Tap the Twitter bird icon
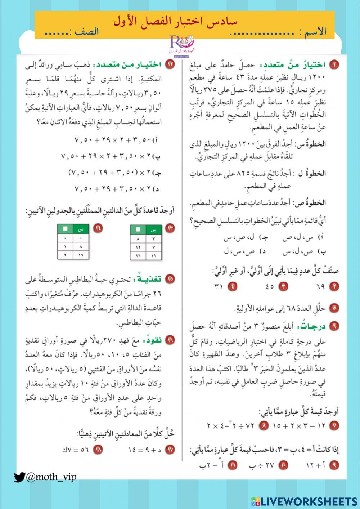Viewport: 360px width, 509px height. point(19,477)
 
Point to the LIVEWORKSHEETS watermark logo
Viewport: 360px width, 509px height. point(304,501)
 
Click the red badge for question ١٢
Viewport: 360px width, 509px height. point(170,65)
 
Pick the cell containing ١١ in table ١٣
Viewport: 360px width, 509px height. point(153,256)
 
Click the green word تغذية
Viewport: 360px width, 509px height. point(148,278)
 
